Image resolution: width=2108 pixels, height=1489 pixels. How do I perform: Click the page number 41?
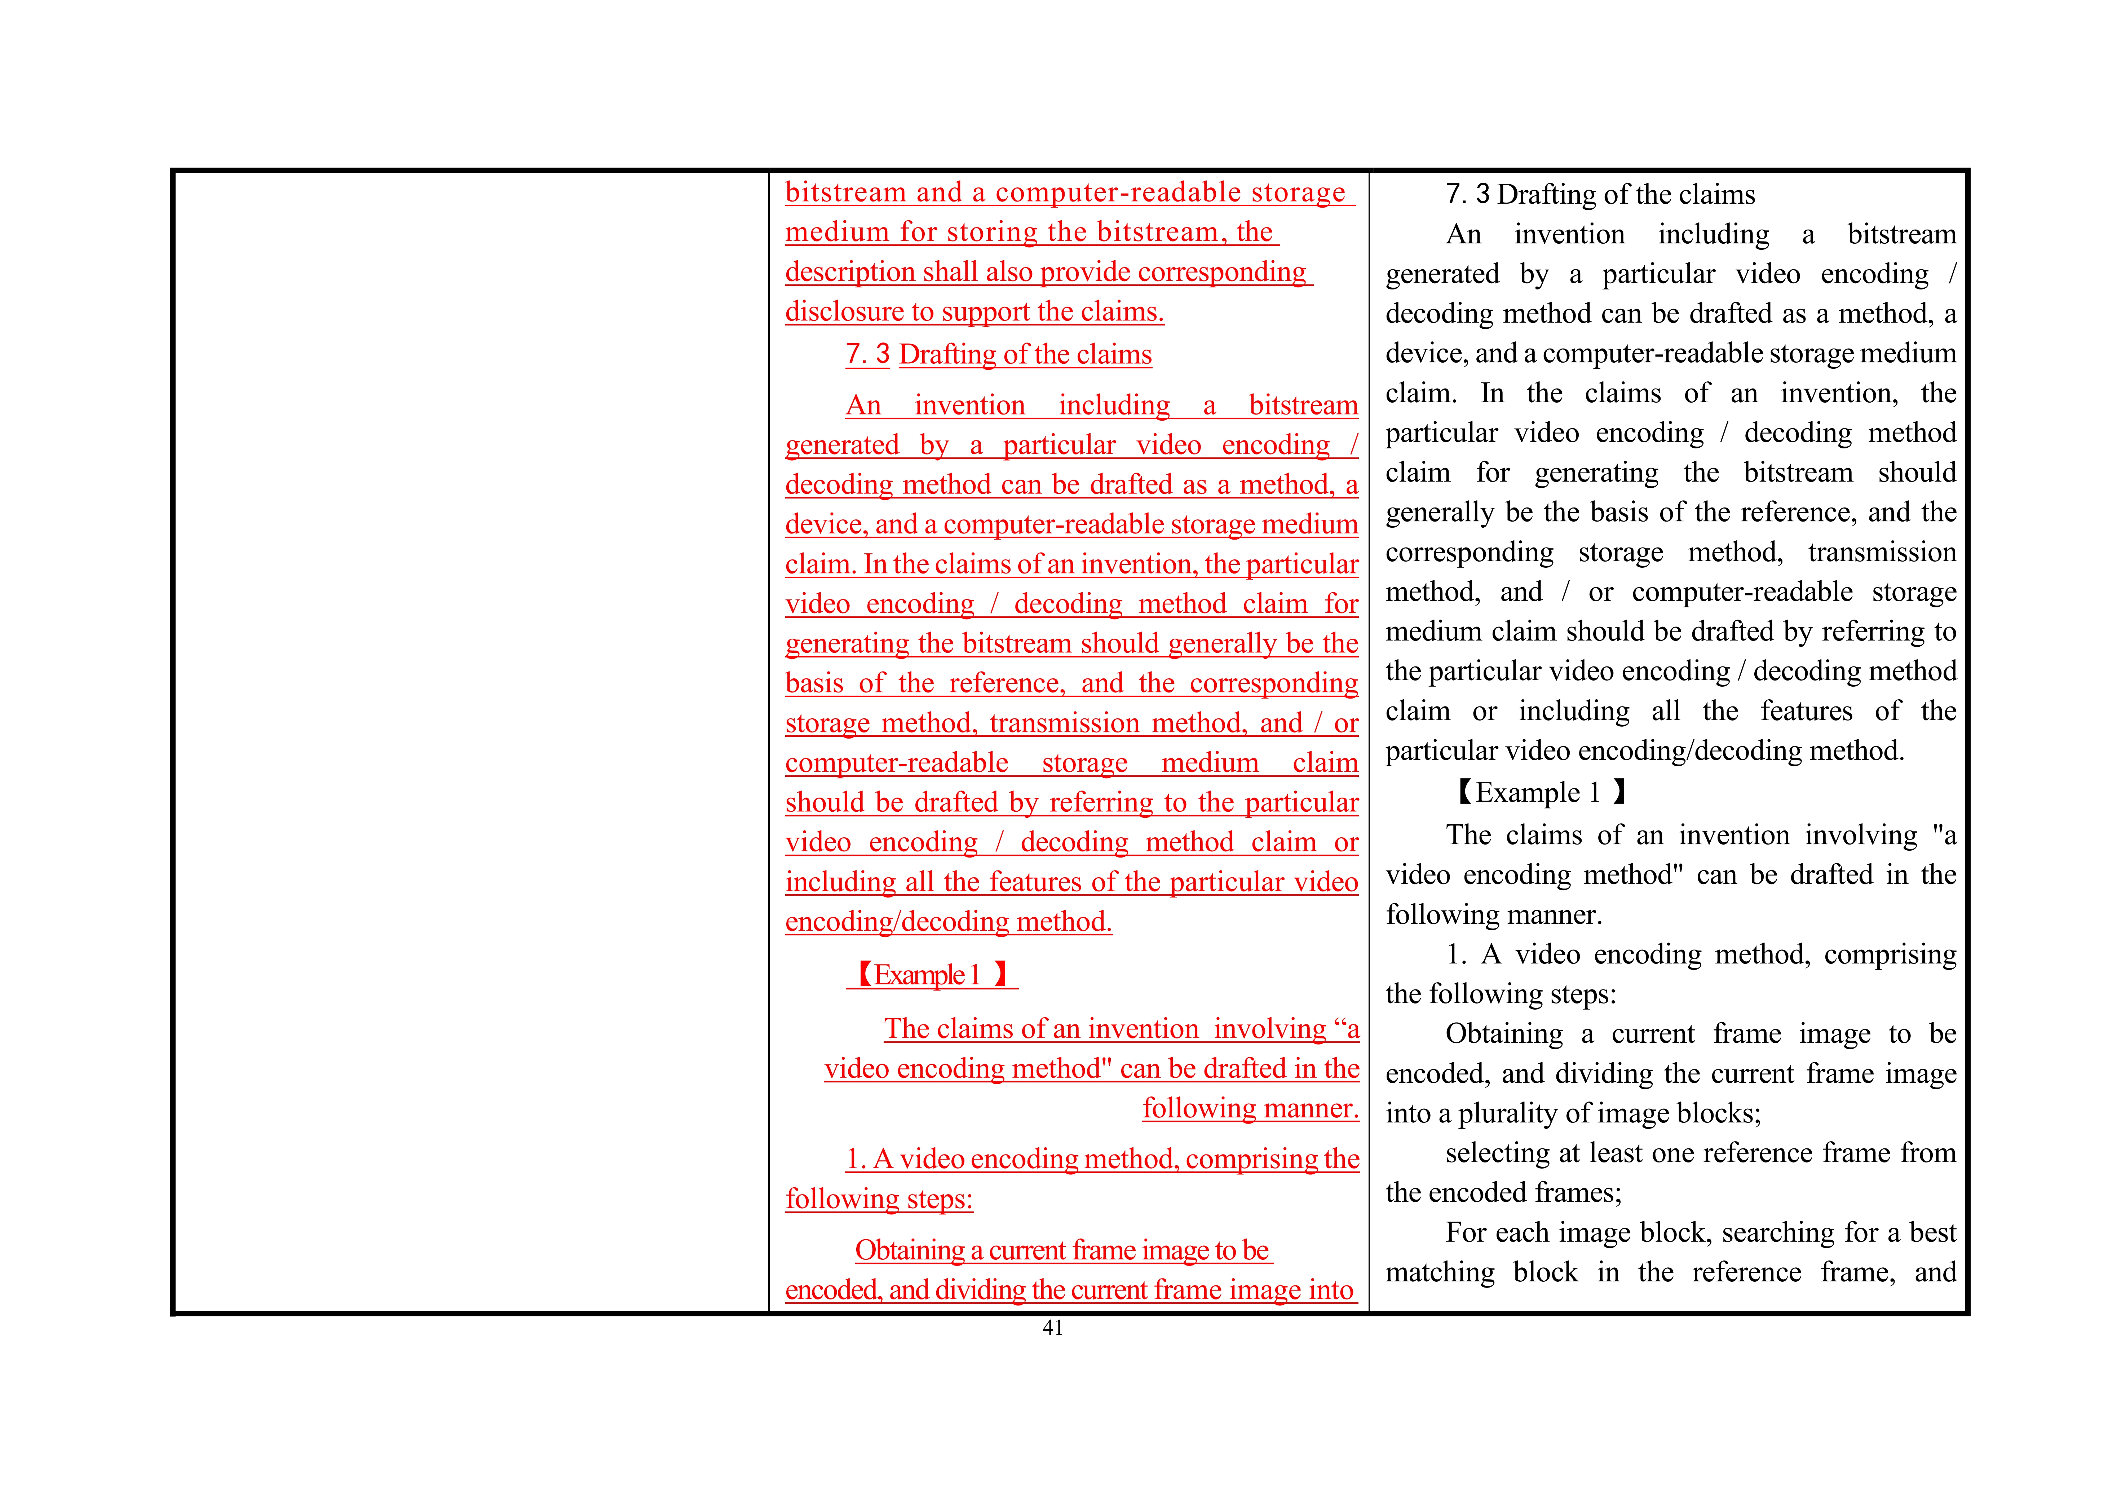(x=1052, y=1328)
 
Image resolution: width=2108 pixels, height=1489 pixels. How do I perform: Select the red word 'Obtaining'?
(x=909, y=1250)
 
